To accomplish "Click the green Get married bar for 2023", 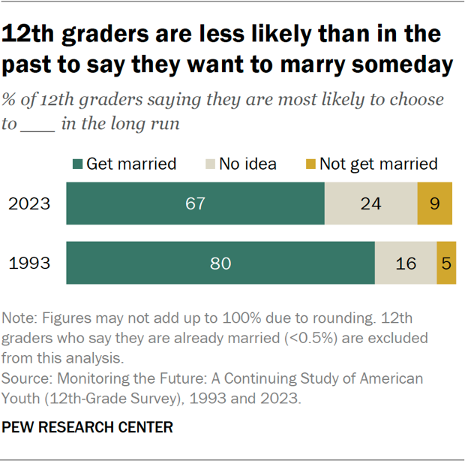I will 195,203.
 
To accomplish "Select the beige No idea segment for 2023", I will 370,203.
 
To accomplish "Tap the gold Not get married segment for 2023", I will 435,203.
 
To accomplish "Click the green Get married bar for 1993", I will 220,264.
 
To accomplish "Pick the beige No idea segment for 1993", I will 406,264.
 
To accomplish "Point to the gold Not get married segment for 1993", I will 446,264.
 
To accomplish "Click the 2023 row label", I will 29,203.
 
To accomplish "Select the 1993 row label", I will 29,264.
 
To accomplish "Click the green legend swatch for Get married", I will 76,164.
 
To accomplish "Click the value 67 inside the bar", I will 195,203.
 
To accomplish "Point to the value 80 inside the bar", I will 220,264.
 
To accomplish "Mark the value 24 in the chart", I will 370,203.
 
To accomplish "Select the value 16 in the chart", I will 406,264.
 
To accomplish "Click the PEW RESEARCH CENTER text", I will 88,427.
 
